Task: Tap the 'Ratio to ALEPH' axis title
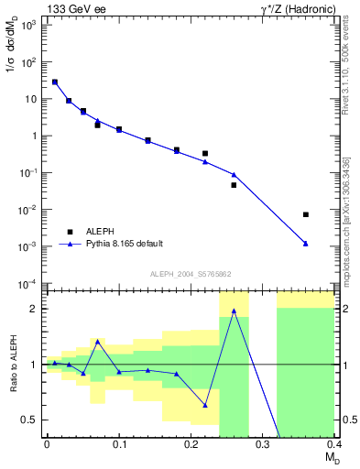[x=11, y=365]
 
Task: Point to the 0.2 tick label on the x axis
[x=191, y=445]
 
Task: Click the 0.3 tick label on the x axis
[x=263, y=445]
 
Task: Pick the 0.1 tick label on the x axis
[x=118, y=445]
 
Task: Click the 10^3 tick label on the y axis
[x=29, y=26]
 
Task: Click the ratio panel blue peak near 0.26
[x=234, y=311]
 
